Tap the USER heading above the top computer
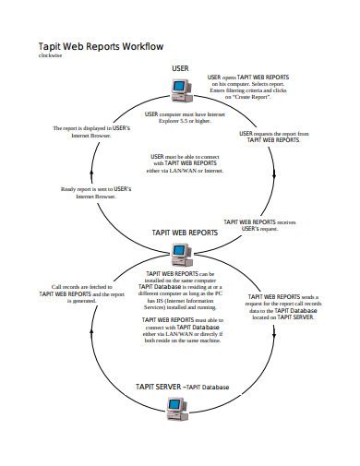pyautogui.click(x=180, y=68)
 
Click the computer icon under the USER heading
pyautogui.click(x=180, y=88)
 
